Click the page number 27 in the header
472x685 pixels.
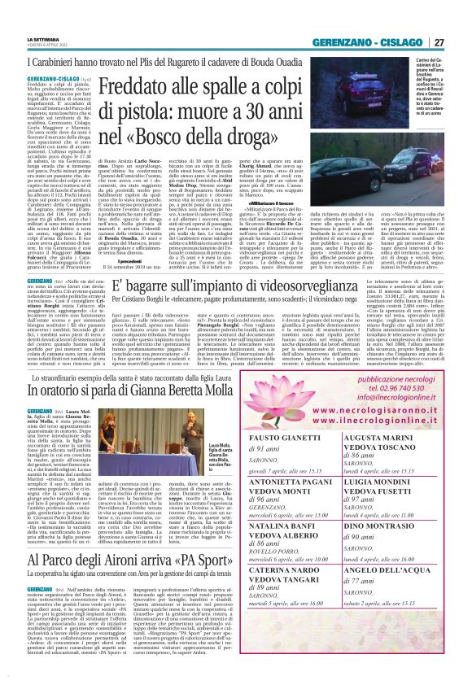tap(458, 42)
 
